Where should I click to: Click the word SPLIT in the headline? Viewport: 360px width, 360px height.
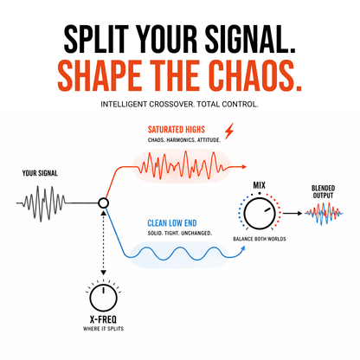96,39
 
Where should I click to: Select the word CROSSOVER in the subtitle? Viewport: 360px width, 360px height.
171,104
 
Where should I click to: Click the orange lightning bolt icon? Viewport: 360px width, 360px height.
229,132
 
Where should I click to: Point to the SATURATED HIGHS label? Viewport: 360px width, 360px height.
177,130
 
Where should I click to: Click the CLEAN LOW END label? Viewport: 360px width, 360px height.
172,223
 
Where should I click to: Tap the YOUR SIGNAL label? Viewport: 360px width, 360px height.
40,173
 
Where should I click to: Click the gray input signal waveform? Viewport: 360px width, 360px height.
42,203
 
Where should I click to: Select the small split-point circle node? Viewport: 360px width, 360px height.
103,203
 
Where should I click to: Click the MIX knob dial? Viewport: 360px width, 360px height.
260,214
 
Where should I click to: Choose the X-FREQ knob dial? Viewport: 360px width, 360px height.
103,299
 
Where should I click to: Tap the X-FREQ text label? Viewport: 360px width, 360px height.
103,319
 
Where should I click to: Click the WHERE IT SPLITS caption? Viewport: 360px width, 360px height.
103,329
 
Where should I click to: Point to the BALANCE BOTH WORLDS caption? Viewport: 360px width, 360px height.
260,239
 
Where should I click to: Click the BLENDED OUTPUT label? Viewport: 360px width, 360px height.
323,192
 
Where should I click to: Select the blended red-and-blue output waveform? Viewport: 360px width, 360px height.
324,214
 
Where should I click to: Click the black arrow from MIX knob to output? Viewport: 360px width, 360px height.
292,214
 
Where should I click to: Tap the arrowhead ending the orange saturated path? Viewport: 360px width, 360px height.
244,166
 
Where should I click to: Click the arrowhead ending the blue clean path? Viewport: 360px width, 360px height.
243,248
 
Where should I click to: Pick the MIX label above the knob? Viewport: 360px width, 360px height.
260,185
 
